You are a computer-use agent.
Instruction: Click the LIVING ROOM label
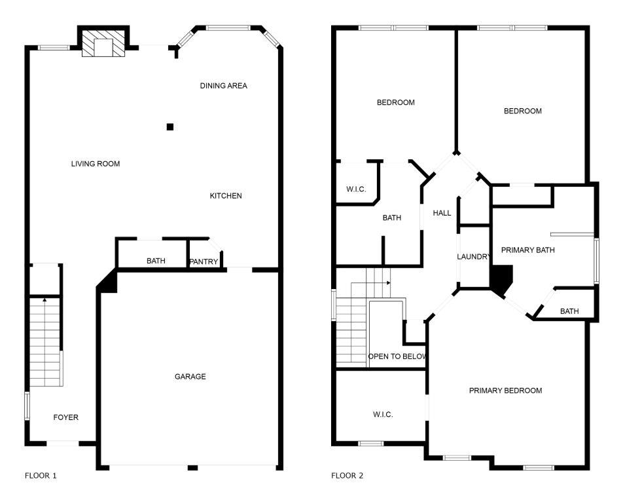pyautogui.click(x=96, y=164)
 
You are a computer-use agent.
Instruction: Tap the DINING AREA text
pyautogui.click(x=223, y=86)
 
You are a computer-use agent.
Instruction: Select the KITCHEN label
pyautogui.click(x=226, y=196)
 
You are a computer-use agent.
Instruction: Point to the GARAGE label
pyautogui.click(x=190, y=377)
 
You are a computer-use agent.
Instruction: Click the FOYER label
pyautogui.click(x=65, y=417)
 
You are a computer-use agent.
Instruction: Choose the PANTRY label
pyautogui.click(x=204, y=262)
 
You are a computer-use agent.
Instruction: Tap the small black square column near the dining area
pyautogui.click(x=170, y=126)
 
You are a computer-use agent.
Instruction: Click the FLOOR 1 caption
pyautogui.click(x=41, y=476)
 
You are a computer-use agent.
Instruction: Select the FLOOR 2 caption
pyautogui.click(x=347, y=476)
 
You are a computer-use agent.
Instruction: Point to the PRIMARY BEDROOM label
pyautogui.click(x=505, y=391)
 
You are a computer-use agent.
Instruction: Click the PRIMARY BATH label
pyautogui.click(x=527, y=250)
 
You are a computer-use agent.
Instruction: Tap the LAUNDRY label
pyautogui.click(x=472, y=257)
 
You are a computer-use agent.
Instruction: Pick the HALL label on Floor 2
pyautogui.click(x=442, y=213)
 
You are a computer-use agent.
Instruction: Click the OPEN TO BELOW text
pyautogui.click(x=397, y=357)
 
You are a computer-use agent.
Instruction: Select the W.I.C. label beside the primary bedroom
pyautogui.click(x=383, y=414)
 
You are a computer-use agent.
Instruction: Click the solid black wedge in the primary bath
pyautogui.click(x=501, y=279)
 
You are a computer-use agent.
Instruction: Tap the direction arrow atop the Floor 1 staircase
pyautogui.click(x=44, y=299)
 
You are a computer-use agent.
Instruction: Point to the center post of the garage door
pyautogui.click(x=192, y=467)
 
